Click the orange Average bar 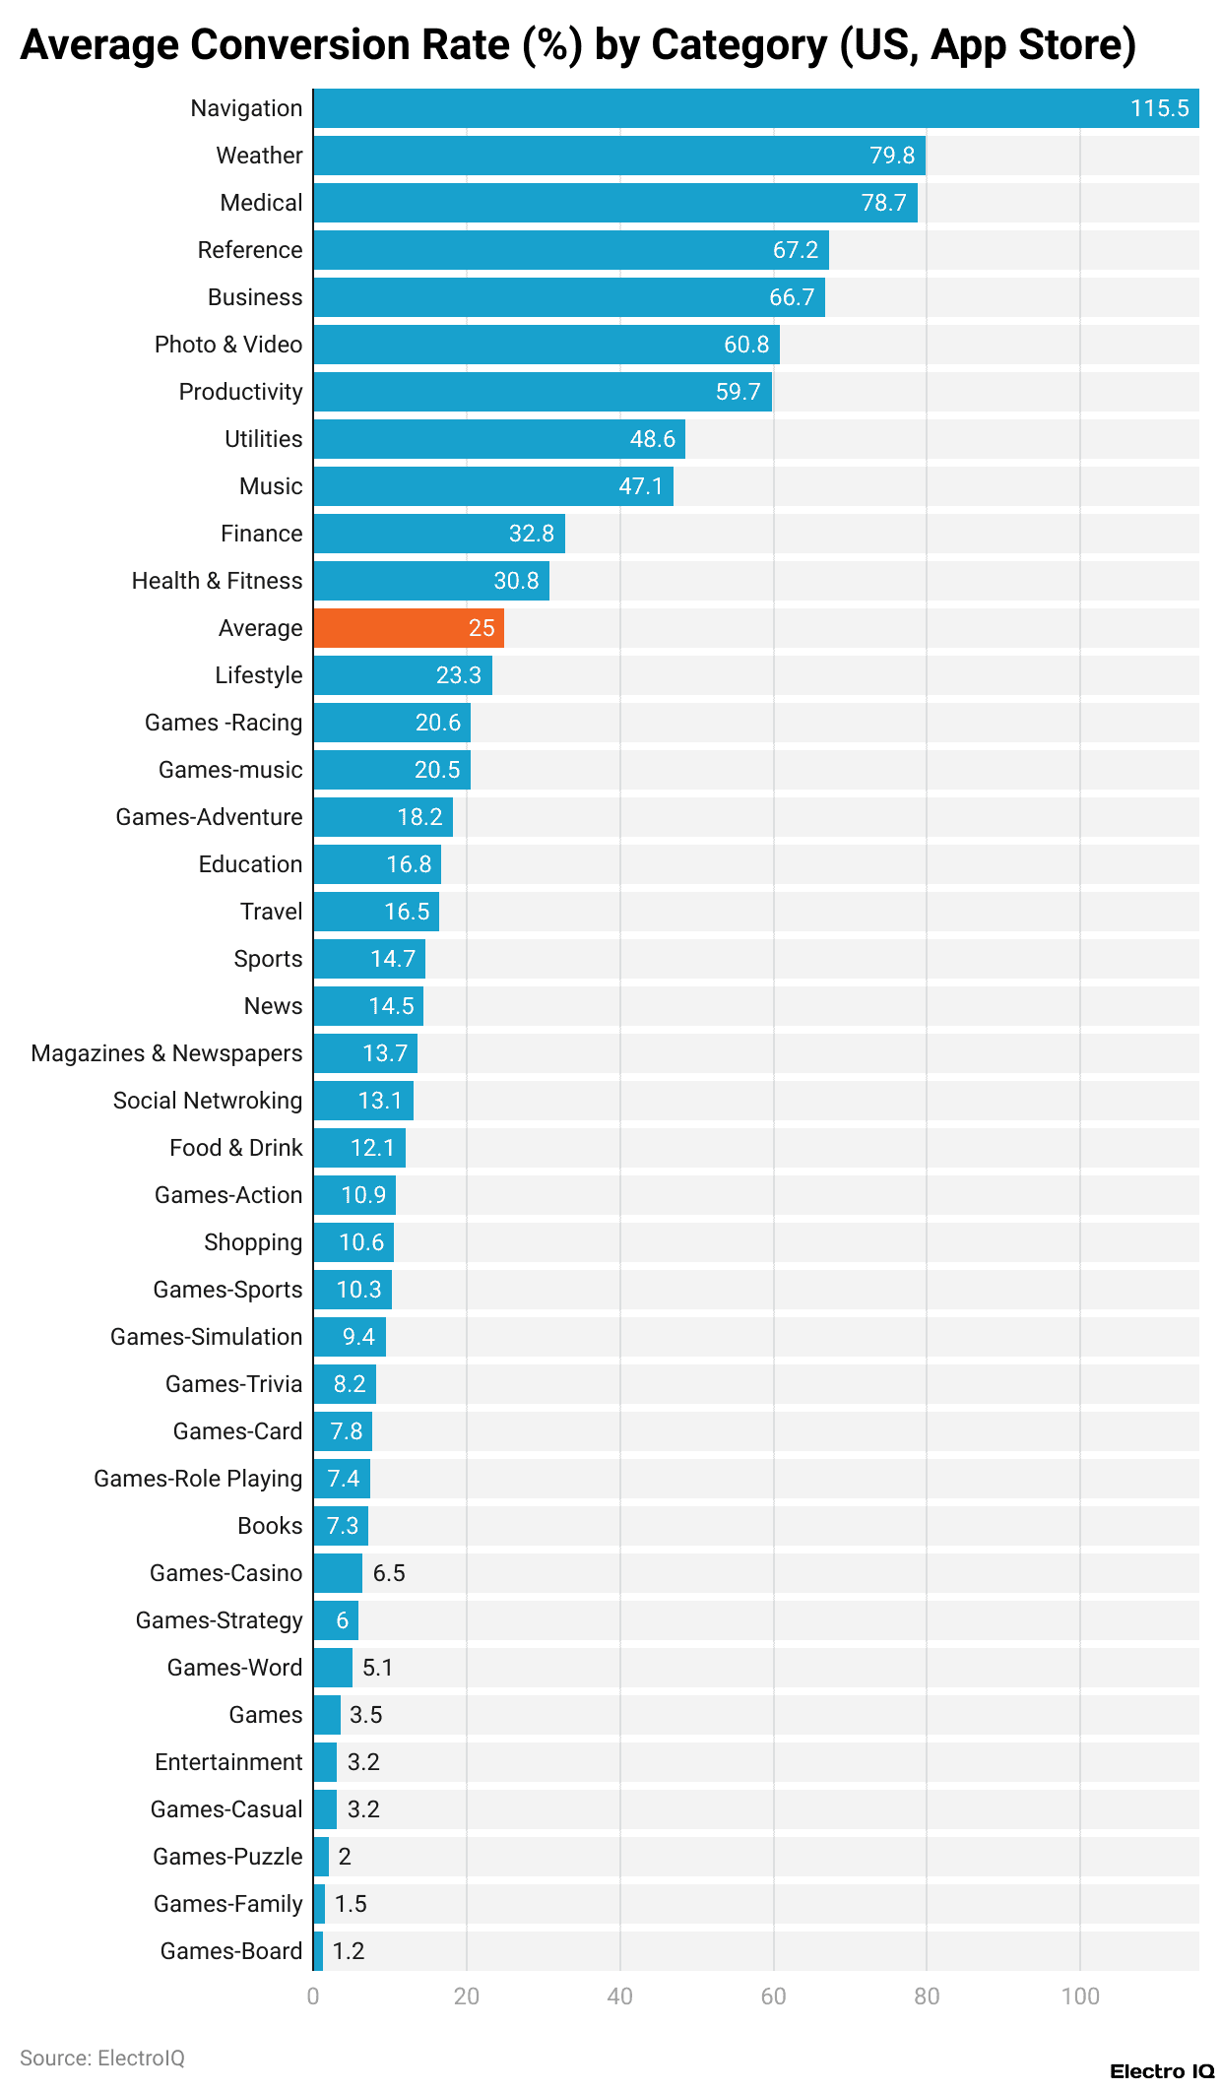(x=409, y=628)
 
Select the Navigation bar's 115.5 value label (x=1159, y=108)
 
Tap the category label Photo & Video (x=228, y=345)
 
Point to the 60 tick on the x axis (x=773, y=1996)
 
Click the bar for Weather (x=618, y=156)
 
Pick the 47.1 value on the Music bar (x=640, y=486)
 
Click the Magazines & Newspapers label (x=166, y=1053)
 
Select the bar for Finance (x=439, y=534)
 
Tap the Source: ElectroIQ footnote (x=102, y=2059)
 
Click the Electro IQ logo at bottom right (x=1162, y=2071)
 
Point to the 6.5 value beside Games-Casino (x=389, y=1573)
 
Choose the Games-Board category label (x=231, y=1951)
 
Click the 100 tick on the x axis (x=1080, y=1996)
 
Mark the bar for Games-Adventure (x=383, y=817)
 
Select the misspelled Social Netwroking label (x=208, y=1101)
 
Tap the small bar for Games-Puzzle (x=321, y=1857)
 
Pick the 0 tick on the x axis (x=313, y=1996)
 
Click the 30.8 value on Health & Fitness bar (x=516, y=581)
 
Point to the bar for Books (x=341, y=1526)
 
